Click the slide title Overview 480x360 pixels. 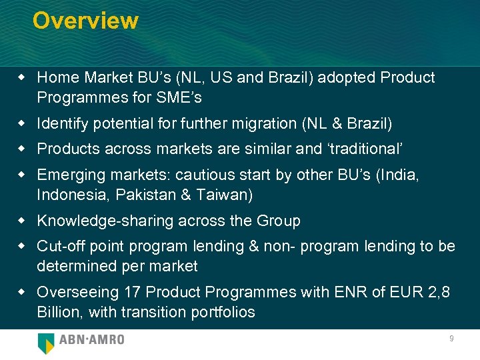click(85, 21)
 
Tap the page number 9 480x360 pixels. click(451, 339)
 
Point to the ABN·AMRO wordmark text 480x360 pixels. click(92, 340)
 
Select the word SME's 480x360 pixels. click(179, 97)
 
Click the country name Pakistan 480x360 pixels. click(145, 195)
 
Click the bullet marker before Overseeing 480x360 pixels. click(23, 292)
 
